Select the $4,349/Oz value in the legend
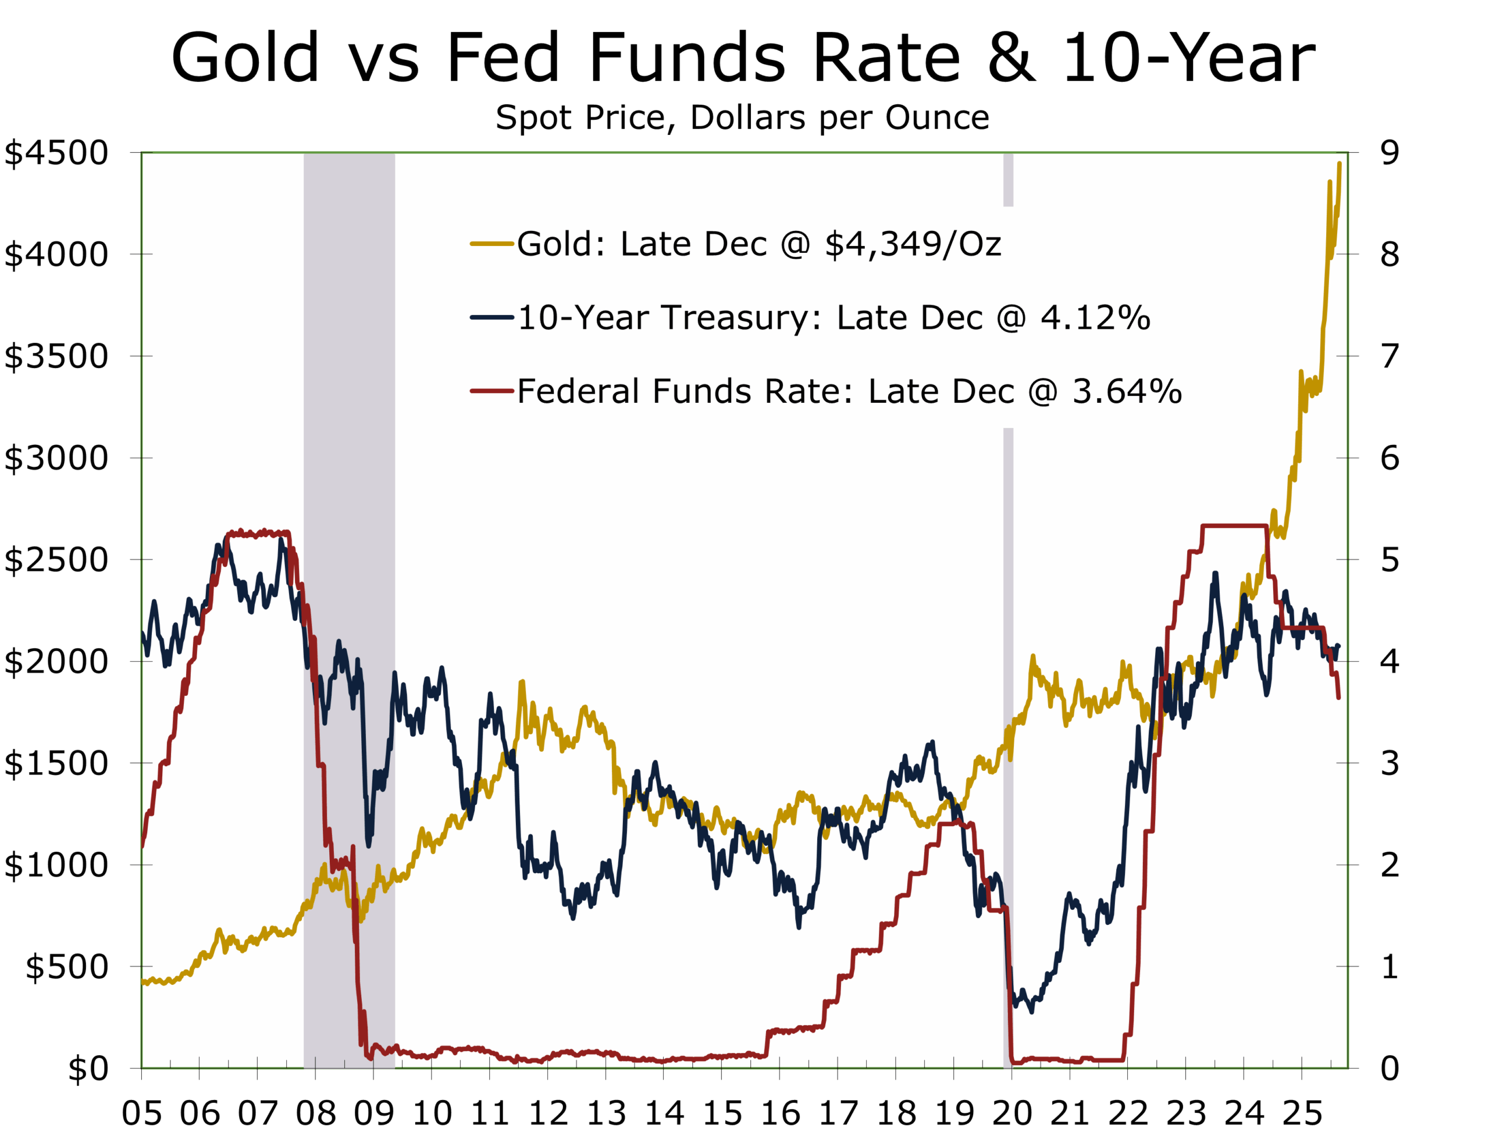(x=913, y=244)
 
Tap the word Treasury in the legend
(x=740, y=318)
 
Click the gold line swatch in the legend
(x=491, y=244)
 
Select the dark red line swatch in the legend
(x=491, y=391)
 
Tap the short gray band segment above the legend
(x=1008, y=180)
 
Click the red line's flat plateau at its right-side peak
(x=1234, y=526)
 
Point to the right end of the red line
(x=1338, y=697)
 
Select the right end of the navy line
(x=1338, y=646)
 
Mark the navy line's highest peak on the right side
(x=1214, y=574)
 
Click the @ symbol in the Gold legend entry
(x=795, y=244)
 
